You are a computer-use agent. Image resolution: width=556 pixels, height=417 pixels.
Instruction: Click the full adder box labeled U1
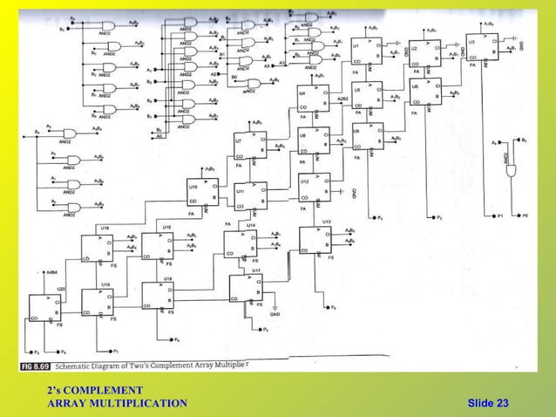364,52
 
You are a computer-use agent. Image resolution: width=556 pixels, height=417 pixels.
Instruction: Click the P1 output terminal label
500,215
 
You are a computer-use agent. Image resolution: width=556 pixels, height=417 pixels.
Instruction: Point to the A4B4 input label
52,272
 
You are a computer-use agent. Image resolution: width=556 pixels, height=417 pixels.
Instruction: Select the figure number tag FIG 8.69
36,364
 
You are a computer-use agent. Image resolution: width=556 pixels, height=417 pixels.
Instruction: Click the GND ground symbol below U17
275,311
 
